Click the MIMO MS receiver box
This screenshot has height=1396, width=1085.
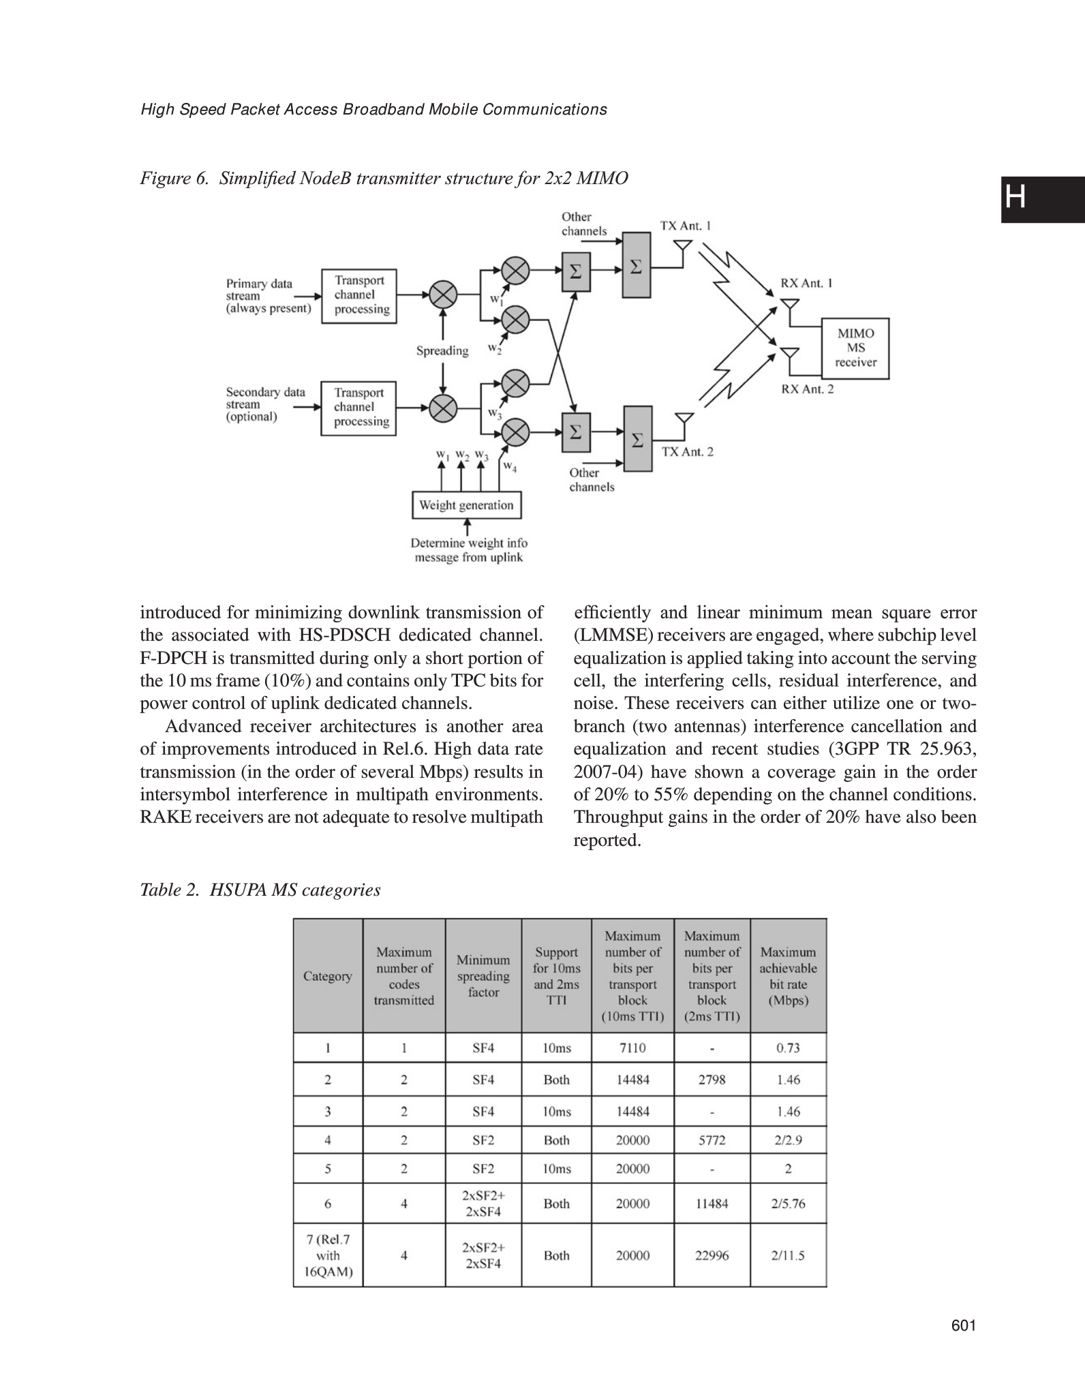coord(855,348)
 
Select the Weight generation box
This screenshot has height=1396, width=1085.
coord(466,505)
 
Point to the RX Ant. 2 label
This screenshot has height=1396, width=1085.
coord(807,389)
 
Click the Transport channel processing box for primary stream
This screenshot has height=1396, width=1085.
coord(358,295)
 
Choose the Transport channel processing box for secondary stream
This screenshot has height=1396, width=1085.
coord(358,407)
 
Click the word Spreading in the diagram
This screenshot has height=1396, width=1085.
coord(442,351)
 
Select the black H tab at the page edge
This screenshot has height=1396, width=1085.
coord(1042,199)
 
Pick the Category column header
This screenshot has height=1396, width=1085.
coord(328,976)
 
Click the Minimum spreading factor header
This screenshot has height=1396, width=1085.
coord(483,976)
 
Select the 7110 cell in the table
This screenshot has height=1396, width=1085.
coord(632,1048)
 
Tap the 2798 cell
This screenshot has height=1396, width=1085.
coord(712,1080)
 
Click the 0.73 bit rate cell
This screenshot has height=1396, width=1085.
coord(788,1048)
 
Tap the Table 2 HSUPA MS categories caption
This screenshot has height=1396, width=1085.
coord(260,890)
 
